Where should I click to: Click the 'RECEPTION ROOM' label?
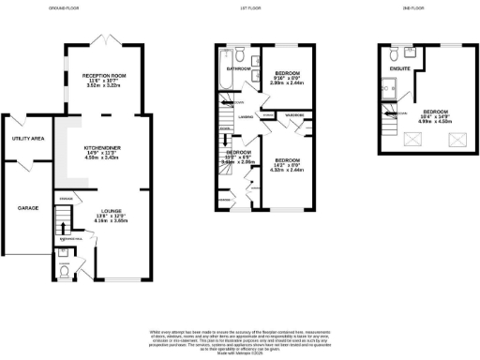(x=103, y=76)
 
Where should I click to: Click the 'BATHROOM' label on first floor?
(x=236, y=68)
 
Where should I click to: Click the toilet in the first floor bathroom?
(x=239, y=52)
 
